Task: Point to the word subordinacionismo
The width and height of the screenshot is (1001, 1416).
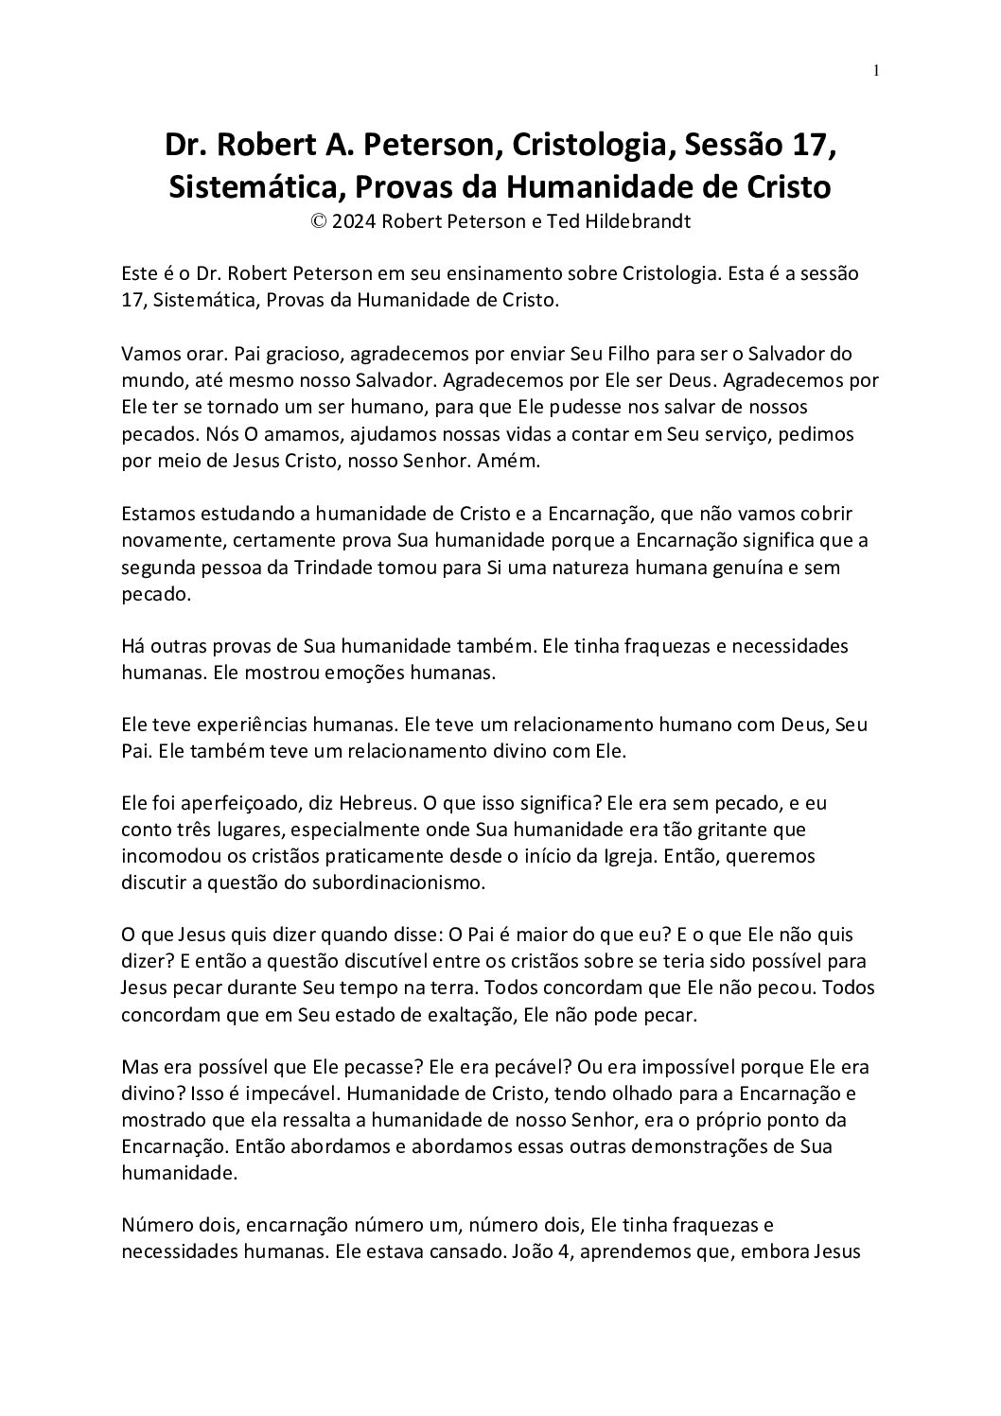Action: pos(398,883)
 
